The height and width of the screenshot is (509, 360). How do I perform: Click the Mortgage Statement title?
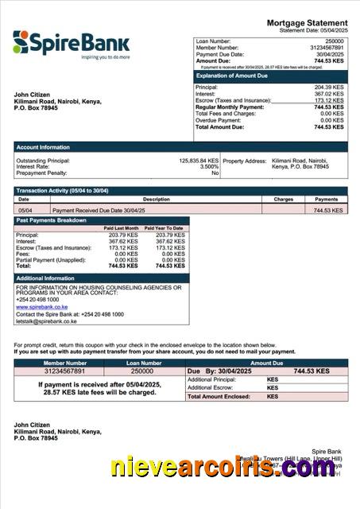coord(306,23)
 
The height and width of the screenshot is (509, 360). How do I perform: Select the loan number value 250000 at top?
coord(335,41)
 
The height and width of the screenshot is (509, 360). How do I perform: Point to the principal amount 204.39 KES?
coord(329,87)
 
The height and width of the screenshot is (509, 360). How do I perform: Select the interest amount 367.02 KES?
coord(329,94)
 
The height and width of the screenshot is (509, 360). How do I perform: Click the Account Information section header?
coord(44,147)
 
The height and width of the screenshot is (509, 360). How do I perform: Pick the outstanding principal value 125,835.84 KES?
coord(198,161)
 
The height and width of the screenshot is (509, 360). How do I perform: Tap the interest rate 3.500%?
coord(208,167)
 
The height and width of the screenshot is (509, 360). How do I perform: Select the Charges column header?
coord(283,200)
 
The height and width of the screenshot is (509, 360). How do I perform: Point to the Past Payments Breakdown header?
coord(52,220)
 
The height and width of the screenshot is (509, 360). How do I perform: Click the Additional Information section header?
coord(46,278)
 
